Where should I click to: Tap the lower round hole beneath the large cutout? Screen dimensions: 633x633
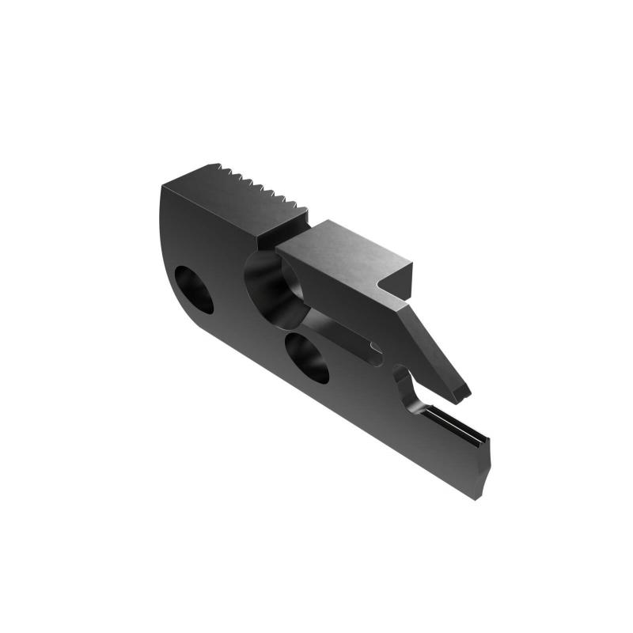[307, 358]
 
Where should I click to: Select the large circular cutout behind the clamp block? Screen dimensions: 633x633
[273, 289]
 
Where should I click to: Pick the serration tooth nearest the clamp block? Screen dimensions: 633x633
[294, 207]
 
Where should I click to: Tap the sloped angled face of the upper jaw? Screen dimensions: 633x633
[435, 348]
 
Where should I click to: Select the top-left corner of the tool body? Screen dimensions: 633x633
[164, 187]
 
